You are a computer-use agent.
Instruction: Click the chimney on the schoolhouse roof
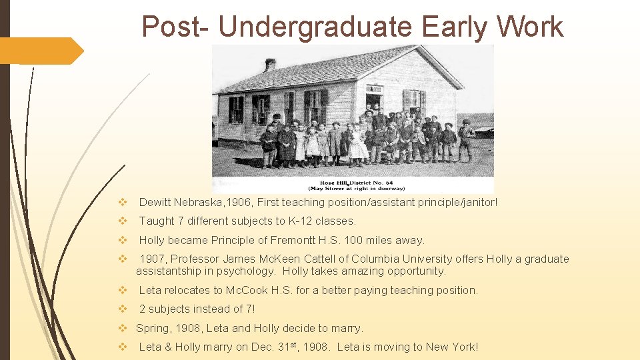click(x=270, y=65)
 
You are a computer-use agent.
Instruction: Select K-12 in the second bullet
click(x=299, y=221)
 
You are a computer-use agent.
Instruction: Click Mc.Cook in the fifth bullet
click(x=248, y=290)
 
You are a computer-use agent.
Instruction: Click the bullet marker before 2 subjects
click(x=122, y=309)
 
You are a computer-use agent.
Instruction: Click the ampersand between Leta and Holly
click(x=166, y=347)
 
